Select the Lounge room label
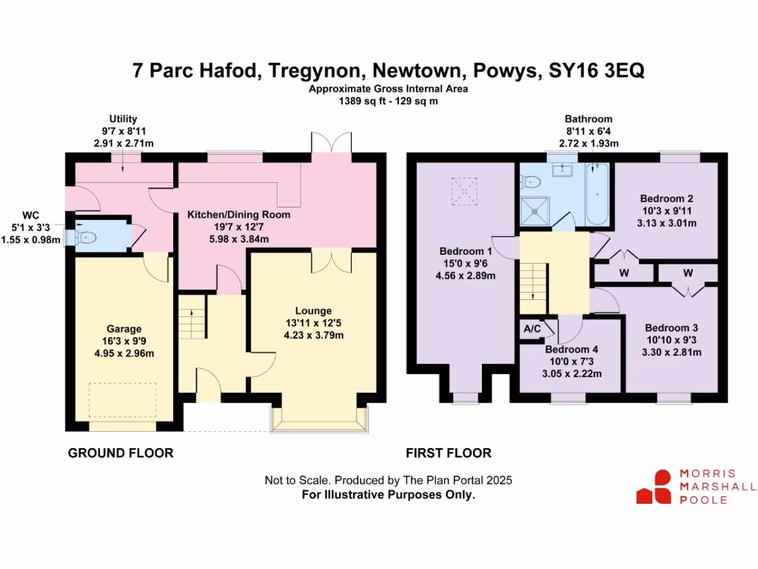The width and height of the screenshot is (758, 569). pos(314,310)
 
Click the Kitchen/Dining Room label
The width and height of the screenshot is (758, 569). pos(238,214)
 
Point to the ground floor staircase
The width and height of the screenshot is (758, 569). pos(191,316)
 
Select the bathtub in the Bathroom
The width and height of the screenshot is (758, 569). pos(598,195)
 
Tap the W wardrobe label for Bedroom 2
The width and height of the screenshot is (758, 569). pos(624,273)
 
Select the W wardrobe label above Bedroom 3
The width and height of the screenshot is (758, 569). pos(688,273)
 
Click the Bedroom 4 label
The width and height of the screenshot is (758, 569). pos(571,350)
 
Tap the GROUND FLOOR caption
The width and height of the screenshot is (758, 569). pos(121,453)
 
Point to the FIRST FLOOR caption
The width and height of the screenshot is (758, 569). pos(449,453)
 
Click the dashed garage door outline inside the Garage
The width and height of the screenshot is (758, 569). pos(122,401)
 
